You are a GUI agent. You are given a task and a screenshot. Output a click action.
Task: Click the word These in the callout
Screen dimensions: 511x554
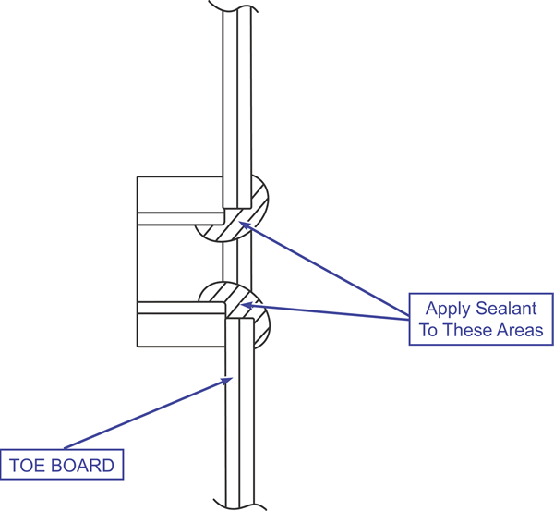point(470,330)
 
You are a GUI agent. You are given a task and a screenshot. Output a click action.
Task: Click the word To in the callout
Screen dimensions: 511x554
point(430,330)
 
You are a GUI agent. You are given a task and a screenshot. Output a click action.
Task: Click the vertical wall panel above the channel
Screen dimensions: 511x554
point(237,102)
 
